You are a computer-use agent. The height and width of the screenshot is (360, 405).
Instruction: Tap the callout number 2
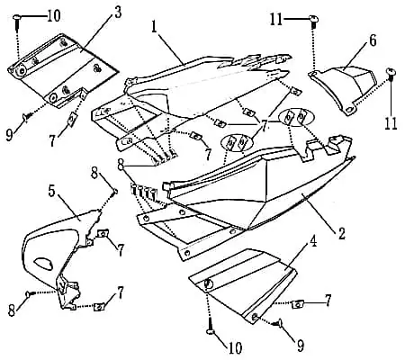click(342, 233)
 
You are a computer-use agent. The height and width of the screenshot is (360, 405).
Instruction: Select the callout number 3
click(118, 13)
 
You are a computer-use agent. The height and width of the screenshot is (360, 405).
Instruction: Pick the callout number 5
click(52, 191)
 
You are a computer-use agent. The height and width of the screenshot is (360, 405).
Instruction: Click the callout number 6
click(373, 40)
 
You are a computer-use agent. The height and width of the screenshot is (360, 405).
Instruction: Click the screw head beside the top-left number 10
click(17, 17)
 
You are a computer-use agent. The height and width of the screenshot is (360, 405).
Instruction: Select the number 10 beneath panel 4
click(235, 348)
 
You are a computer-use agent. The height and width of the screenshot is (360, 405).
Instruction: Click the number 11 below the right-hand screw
click(391, 123)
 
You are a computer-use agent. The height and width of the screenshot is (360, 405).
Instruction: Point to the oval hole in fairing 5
click(44, 263)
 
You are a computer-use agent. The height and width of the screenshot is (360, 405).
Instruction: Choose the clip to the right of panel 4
click(297, 304)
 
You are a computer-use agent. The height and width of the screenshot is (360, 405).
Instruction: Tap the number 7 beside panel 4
click(328, 301)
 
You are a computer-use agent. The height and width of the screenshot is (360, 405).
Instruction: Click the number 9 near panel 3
click(10, 135)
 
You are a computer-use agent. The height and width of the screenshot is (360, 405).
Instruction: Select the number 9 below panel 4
click(300, 346)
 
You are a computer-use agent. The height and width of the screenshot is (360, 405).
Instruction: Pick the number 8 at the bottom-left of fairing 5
click(12, 310)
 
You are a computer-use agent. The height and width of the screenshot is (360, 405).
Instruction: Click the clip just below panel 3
click(73, 120)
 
